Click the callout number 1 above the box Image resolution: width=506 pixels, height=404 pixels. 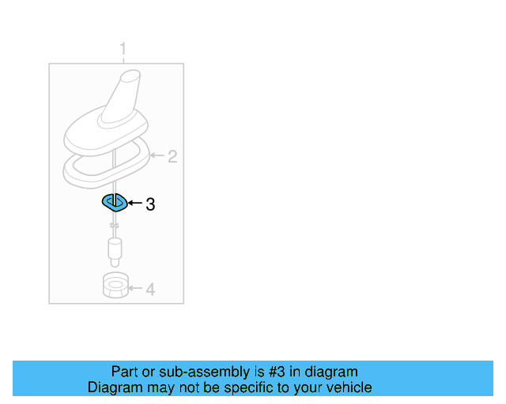tap(123, 50)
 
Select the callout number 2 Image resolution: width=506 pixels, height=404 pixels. tap(172, 157)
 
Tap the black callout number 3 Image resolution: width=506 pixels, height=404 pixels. tap(150, 204)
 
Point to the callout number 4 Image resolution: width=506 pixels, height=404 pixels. tap(150, 290)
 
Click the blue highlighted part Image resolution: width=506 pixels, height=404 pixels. tap(115, 202)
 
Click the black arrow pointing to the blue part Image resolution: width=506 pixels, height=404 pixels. tap(134, 204)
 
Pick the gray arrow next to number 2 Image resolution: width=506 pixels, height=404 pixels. tap(156, 157)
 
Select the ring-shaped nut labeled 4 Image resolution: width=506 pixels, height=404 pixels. tap(115, 285)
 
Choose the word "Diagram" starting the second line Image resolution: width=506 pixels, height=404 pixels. tap(114, 387)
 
